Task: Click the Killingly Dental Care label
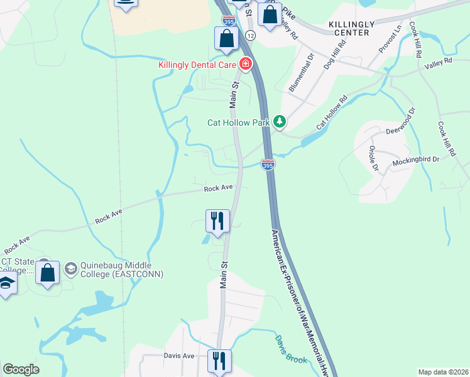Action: pos(197,65)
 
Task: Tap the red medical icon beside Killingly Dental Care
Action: pos(244,63)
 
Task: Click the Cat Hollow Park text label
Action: pos(239,123)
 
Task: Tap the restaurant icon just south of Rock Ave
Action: pos(217,221)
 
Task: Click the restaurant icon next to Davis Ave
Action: pos(219,361)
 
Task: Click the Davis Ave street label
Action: pos(179,356)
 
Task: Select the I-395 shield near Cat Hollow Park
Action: pos(268,165)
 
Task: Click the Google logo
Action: pos(21,369)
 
